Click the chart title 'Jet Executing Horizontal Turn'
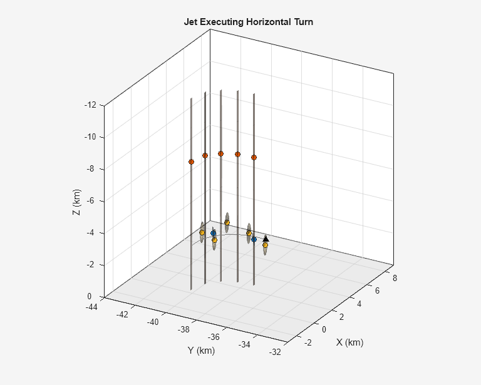tap(248, 22)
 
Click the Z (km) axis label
tap(76, 202)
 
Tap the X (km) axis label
tap(349, 342)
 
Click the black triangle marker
tap(266, 239)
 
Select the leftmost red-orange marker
tap(191, 162)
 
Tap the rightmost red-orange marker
tap(254, 157)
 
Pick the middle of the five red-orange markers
tap(220, 153)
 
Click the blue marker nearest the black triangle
tap(254, 239)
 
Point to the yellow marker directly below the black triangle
tap(265, 245)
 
